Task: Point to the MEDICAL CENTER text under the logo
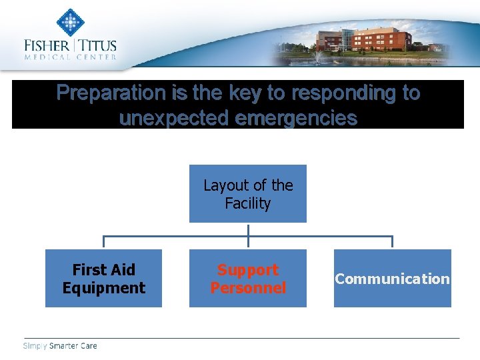pyautogui.click(x=70, y=57)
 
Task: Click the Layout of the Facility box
pyautogui.click(x=248, y=193)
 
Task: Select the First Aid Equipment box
pyautogui.click(x=103, y=278)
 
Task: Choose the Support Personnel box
pyautogui.click(x=248, y=278)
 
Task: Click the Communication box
pyautogui.click(x=392, y=278)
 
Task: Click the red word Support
pyautogui.click(x=248, y=270)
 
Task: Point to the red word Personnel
pyautogui.click(x=248, y=288)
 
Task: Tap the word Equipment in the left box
pyautogui.click(x=103, y=288)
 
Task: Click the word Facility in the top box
pyautogui.click(x=248, y=203)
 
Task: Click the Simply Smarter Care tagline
pyautogui.click(x=60, y=345)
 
